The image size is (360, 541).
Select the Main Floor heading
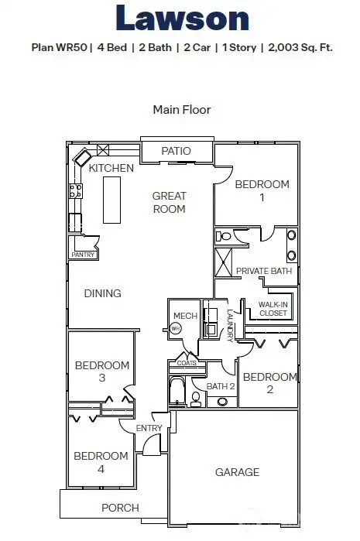tap(181, 110)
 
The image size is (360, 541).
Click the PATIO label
tap(176, 151)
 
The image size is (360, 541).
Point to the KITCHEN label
tap(111, 168)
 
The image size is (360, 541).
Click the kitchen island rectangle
tap(112, 200)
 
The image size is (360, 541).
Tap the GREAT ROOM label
tap(169, 203)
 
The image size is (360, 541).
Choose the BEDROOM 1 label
tap(262, 190)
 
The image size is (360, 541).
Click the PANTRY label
tap(83, 255)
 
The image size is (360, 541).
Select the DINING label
tap(103, 293)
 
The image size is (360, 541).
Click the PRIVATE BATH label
tap(263, 271)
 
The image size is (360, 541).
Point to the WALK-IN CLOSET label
tap(273, 308)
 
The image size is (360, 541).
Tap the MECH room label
tap(185, 316)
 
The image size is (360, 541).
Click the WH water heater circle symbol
tap(176, 329)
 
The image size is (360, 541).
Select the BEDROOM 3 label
tap(101, 372)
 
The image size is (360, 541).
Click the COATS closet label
tap(187, 362)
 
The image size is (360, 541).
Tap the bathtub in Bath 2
tap(177, 391)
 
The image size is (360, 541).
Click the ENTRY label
tap(149, 428)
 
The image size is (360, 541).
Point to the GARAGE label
tap(237, 472)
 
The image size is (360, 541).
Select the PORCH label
tap(121, 508)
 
